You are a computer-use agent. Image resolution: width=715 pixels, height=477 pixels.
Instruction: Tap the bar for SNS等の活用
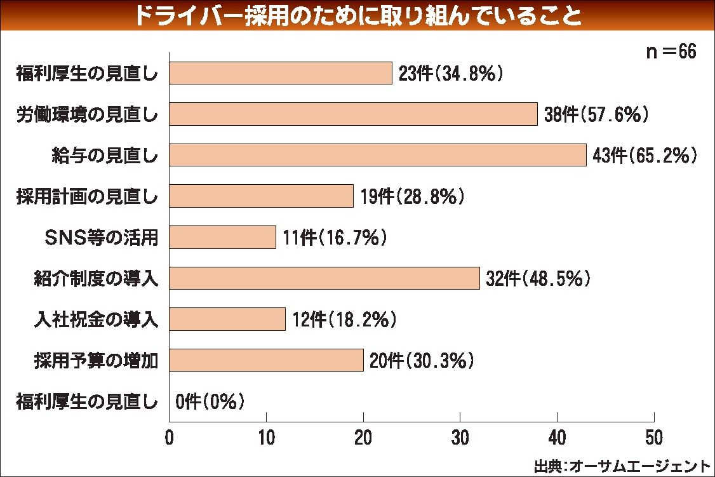[x=222, y=238]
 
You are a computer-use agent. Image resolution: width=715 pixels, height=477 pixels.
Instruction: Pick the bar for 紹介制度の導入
[x=324, y=278]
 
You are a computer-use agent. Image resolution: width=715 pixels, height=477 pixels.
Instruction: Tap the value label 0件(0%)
[x=210, y=401]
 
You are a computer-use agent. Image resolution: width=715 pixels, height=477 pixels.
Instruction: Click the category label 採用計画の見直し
[x=87, y=197]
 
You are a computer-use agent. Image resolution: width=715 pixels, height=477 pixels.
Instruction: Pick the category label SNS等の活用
[x=100, y=238]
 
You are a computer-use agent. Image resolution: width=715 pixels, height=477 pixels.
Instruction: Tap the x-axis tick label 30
[x=460, y=438]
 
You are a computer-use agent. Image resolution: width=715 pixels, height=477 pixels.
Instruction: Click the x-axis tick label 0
[x=170, y=438]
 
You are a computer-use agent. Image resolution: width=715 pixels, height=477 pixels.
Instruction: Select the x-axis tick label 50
[x=654, y=438]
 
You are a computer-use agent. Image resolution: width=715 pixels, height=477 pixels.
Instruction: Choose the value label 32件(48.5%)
[x=538, y=278]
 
